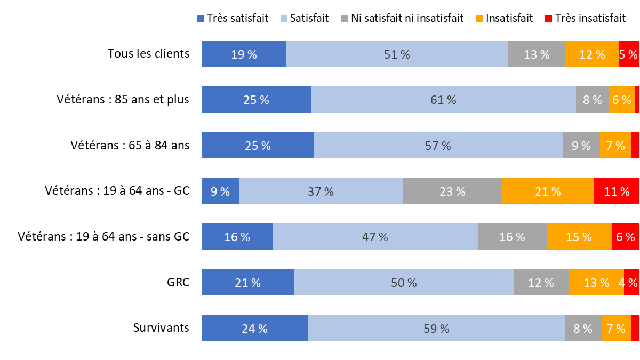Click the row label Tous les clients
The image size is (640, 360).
148,54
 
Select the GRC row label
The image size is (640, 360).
178,283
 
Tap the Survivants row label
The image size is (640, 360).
161,327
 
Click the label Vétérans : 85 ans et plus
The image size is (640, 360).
123,100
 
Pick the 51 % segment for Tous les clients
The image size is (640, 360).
397,54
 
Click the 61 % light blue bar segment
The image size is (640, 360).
443,100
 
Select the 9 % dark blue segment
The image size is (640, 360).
220,191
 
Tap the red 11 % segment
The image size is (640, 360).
616,191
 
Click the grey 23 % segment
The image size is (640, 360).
452,191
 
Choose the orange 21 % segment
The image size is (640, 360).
548,191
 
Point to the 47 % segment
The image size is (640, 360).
375,237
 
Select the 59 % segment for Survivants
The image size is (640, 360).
436,329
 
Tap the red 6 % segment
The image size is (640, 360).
625,237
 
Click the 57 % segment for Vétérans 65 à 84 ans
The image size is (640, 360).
438,146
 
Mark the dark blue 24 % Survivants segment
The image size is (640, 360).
254,329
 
